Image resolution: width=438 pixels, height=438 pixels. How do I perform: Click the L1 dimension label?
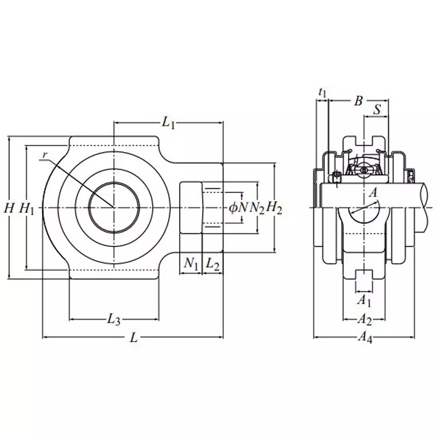coord(169,124)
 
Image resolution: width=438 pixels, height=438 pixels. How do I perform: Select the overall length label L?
coord(133,338)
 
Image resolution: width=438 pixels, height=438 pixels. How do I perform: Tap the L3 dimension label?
coord(113,319)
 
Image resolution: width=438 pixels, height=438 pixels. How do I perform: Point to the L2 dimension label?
coord(213,264)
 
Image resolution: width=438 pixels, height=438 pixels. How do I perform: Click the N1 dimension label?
coord(191,264)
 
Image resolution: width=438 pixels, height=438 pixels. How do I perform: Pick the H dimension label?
coord(8,208)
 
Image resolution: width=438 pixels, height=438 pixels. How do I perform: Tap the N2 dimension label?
coord(256,208)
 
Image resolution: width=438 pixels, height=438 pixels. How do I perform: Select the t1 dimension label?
coord(322,94)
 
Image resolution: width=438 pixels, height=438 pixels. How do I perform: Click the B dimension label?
coord(358,101)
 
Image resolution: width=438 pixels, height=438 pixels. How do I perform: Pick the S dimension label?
coord(377,110)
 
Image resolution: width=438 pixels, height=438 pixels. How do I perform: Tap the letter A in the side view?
coord(373,192)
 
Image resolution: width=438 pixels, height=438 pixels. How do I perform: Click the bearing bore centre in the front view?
coord(114,208)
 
